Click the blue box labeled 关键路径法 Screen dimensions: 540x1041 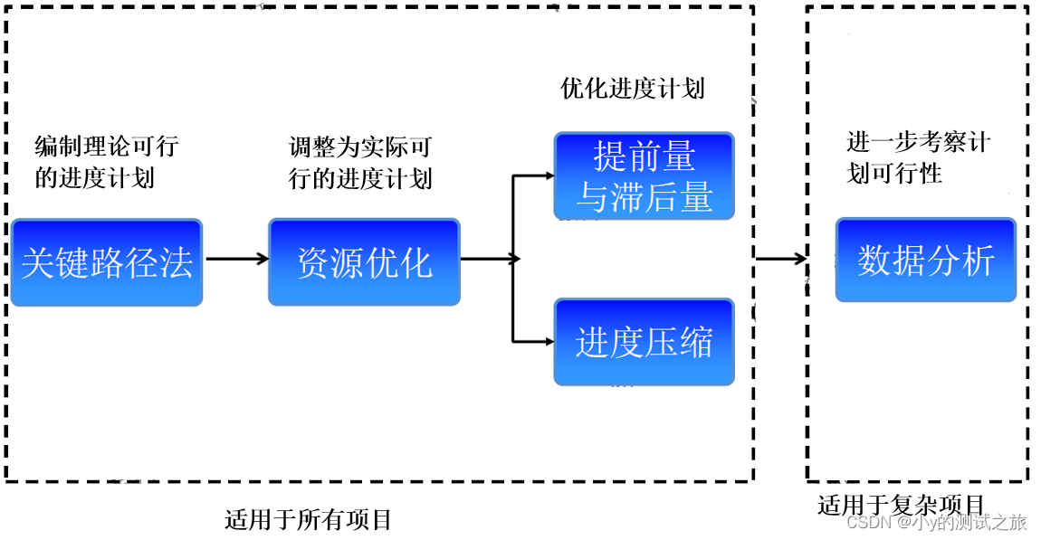pyautogui.click(x=106, y=262)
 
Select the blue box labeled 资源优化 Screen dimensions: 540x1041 pyautogui.click(x=364, y=262)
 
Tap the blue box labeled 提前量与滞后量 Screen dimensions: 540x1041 pyautogui.click(x=644, y=176)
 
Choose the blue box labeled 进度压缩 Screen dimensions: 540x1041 pyautogui.click(x=644, y=342)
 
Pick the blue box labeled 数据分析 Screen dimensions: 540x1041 pyautogui.click(x=925, y=260)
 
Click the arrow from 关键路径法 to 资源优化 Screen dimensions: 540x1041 pyautogui.click(x=236, y=259)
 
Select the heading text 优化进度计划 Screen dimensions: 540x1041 pyautogui.click(x=632, y=89)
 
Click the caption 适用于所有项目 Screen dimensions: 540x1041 pyautogui.click(x=308, y=520)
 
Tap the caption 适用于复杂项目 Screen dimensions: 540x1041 pyautogui.click(x=900, y=505)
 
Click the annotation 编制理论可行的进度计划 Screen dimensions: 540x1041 pyautogui.click(x=106, y=162)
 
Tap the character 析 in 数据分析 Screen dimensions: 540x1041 pyautogui.click(x=978, y=260)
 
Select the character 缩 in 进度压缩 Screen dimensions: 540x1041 pyautogui.click(x=696, y=342)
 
